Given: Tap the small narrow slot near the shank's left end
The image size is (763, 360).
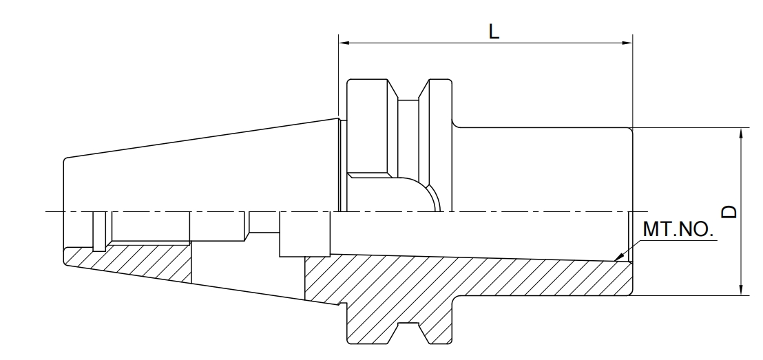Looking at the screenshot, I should coord(101,231).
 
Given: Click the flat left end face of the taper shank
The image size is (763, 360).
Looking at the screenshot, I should coord(64,207).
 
